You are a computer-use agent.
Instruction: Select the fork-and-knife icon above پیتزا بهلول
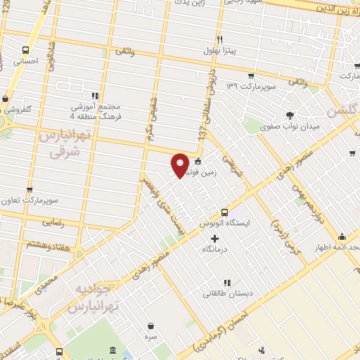point(219,39)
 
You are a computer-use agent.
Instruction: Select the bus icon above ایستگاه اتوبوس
point(224,212)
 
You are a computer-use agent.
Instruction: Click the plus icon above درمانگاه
point(215,239)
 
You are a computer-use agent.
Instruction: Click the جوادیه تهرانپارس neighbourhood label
point(98,298)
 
